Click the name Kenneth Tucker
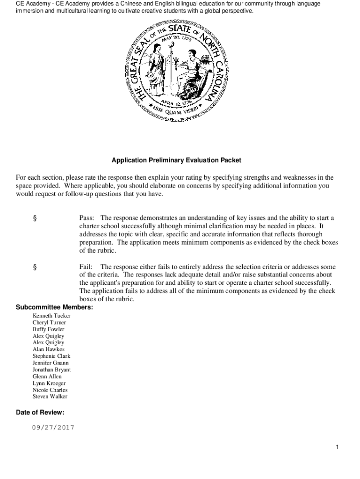(51, 316)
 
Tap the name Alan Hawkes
(49, 349)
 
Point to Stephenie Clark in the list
(51, 356)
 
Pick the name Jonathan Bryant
(51, 370)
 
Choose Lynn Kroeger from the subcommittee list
(50, 383)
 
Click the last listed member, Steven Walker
(50, 397)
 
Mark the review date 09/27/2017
(53, 428)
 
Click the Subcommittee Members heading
(54, 307)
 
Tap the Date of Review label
(40, 413)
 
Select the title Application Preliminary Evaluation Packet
(176, 160)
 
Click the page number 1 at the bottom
(337, 448)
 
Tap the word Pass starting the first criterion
(86, 218)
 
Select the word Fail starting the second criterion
(86, 267)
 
